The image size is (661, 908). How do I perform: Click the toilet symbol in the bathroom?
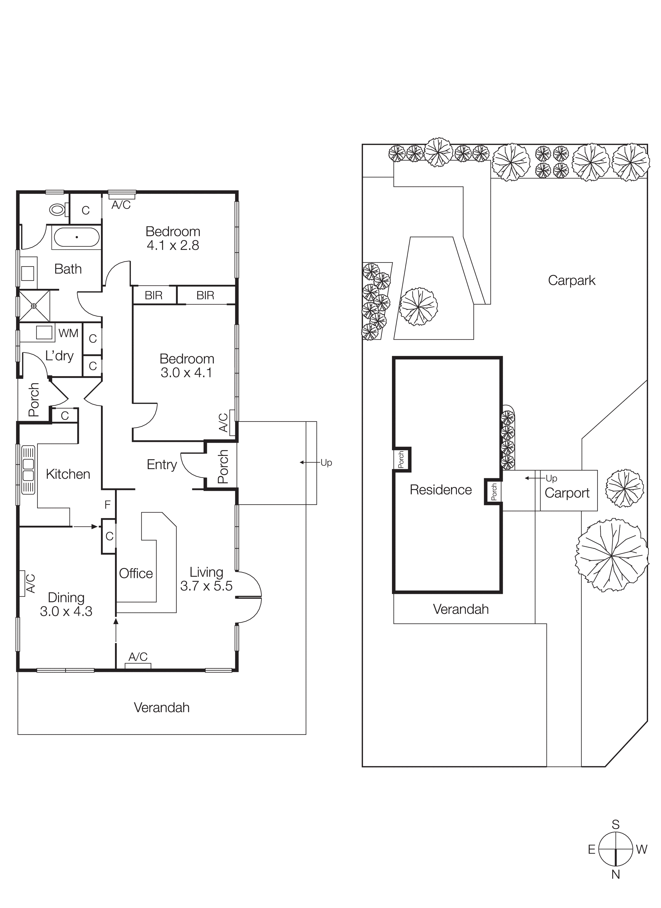pos(57,209)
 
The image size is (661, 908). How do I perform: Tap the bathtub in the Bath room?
pos(76,237)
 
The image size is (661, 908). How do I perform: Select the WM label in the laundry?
pos(68,333)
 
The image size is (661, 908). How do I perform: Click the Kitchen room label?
pos(68,474)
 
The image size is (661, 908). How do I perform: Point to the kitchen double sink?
pos(28,470)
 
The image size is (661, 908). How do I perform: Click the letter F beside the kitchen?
pos(107,505)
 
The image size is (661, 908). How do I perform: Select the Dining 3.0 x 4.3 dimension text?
pos(66,611)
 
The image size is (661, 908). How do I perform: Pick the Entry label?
pos(161,464)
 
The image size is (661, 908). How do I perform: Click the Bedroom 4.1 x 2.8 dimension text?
pos(173,245)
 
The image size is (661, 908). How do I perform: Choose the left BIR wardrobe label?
pos(153,295)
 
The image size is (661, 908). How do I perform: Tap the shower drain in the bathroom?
pos(34,306)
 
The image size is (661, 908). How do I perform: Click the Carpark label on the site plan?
pos(571,280)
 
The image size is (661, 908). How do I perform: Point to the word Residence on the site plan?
pos(441,490)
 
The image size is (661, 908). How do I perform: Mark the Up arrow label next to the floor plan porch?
pos(326,463)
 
